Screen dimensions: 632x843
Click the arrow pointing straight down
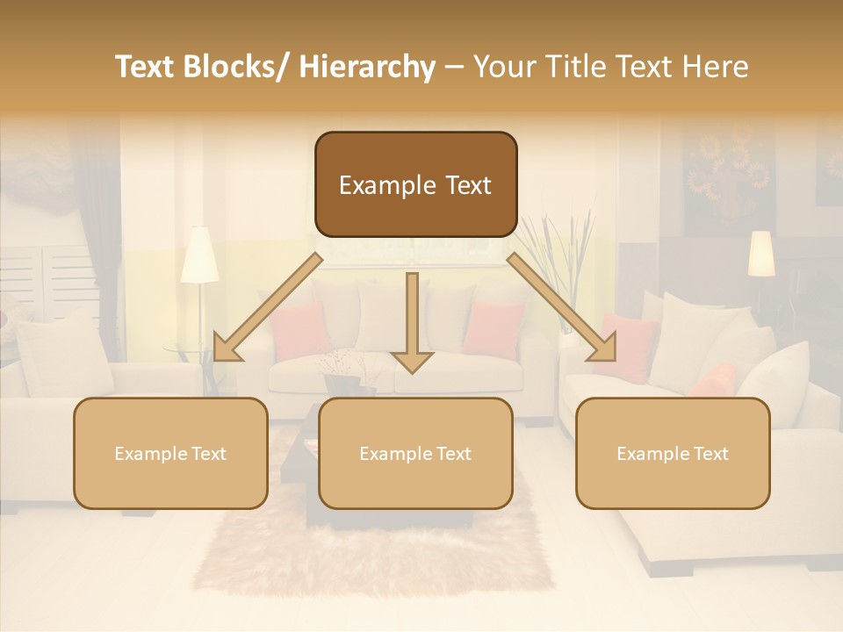[412, 325]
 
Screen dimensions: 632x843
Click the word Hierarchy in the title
[367, 68]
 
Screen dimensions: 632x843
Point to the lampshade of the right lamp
[760, 253]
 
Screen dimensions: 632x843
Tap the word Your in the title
[503, 68]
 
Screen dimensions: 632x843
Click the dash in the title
[454, 68]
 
